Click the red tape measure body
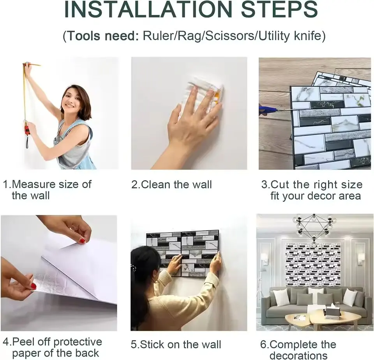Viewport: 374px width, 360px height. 27,130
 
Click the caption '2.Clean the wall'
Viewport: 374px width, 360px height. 171,184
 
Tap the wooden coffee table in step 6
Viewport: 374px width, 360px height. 323,318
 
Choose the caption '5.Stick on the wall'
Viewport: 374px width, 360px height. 176,344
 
